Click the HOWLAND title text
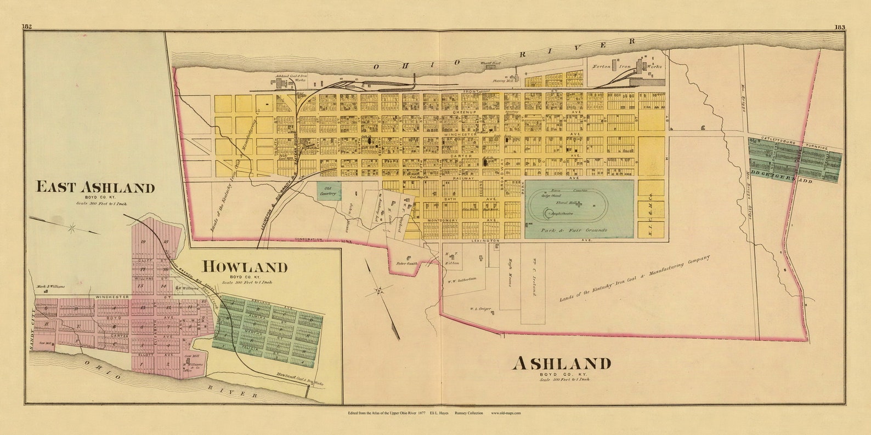pos(245,267)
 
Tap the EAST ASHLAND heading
pos(95,187)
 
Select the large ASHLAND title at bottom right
pos(563,363)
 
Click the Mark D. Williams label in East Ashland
pos(50,286)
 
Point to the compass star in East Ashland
pos(72,227)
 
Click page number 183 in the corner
pos(839,27)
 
